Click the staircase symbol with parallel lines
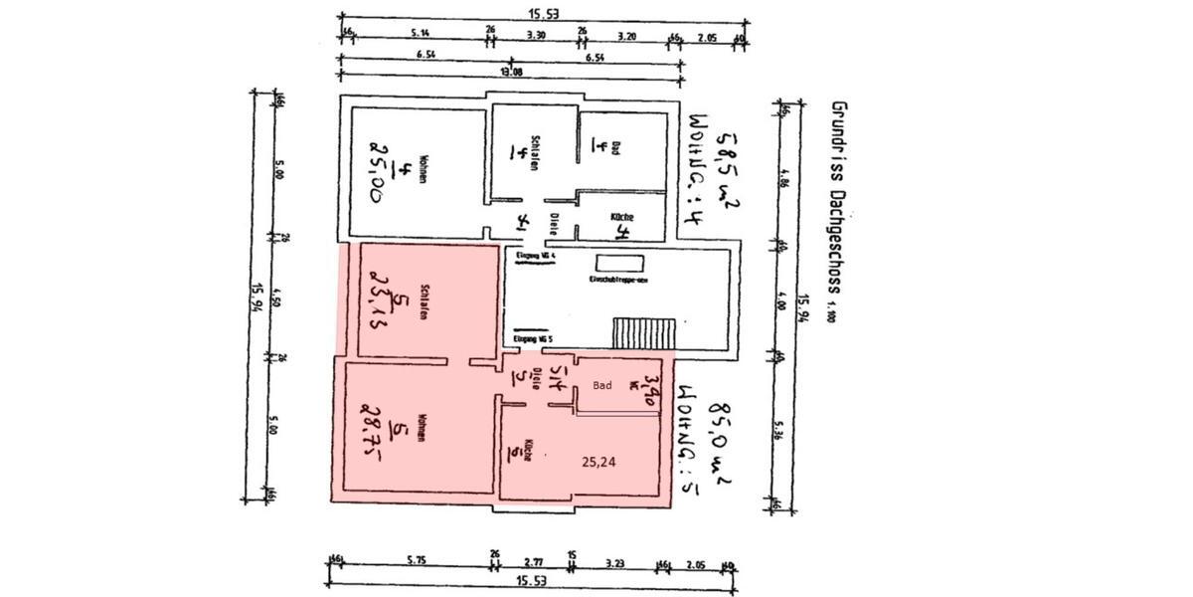(x=643, y=331)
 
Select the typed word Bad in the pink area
(x=601, y=384)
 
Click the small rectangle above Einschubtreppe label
(x=621, y=264)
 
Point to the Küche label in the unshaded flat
(x=623, y=217)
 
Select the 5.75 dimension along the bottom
(x=416, y=561)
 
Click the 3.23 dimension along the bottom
(x=612, y=561)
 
